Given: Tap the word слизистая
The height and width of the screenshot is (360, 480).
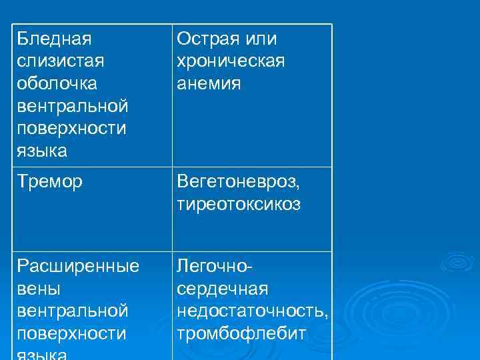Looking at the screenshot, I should pyautogui.click(x=59, y=62).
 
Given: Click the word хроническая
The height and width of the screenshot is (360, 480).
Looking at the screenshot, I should pyautogui.click(x=231, y=62).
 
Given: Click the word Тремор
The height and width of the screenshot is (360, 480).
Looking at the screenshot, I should pyautogui.click(x=50, y=182).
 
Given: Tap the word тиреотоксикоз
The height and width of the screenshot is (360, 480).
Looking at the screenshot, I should pyautogui.click(x=239, y=205).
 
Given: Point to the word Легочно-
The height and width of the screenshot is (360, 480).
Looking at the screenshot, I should pyautogui.click(x=214, y=267).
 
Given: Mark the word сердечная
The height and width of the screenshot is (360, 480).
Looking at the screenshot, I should pyautogui.click(x=223, y=290).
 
